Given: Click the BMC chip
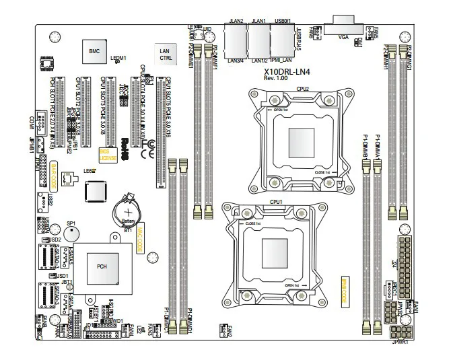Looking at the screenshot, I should coord(94,50).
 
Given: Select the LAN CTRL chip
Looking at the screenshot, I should coord(165,55).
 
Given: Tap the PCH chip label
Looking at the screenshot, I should coord(102,266).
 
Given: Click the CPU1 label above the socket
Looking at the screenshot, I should coord(275,201).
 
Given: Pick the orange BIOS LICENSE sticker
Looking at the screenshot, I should coord(105,154).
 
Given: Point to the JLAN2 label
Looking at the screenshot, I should coord(236,22).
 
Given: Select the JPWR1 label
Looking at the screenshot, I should coord(402,342).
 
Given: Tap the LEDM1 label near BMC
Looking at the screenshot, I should coord(118,59).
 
